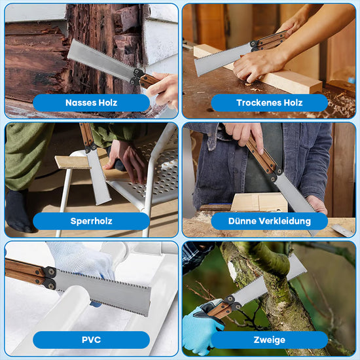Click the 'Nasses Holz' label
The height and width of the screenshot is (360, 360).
point(91,103)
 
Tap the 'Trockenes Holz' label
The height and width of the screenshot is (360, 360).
point(269,103)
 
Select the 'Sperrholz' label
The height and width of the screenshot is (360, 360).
point(91,221)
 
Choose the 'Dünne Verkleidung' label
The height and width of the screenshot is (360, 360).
point(269,221)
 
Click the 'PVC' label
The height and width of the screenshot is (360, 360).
point(91,340)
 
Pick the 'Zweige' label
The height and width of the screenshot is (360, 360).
point(269,340)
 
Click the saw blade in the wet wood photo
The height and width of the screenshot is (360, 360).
point(101,60)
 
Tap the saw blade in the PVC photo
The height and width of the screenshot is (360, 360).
point(103,291)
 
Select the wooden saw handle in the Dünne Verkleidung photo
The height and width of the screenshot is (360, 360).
point(261,154)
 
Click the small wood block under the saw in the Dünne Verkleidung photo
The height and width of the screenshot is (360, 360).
point(259,202)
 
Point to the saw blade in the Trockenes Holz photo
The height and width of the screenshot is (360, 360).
point(223,59)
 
